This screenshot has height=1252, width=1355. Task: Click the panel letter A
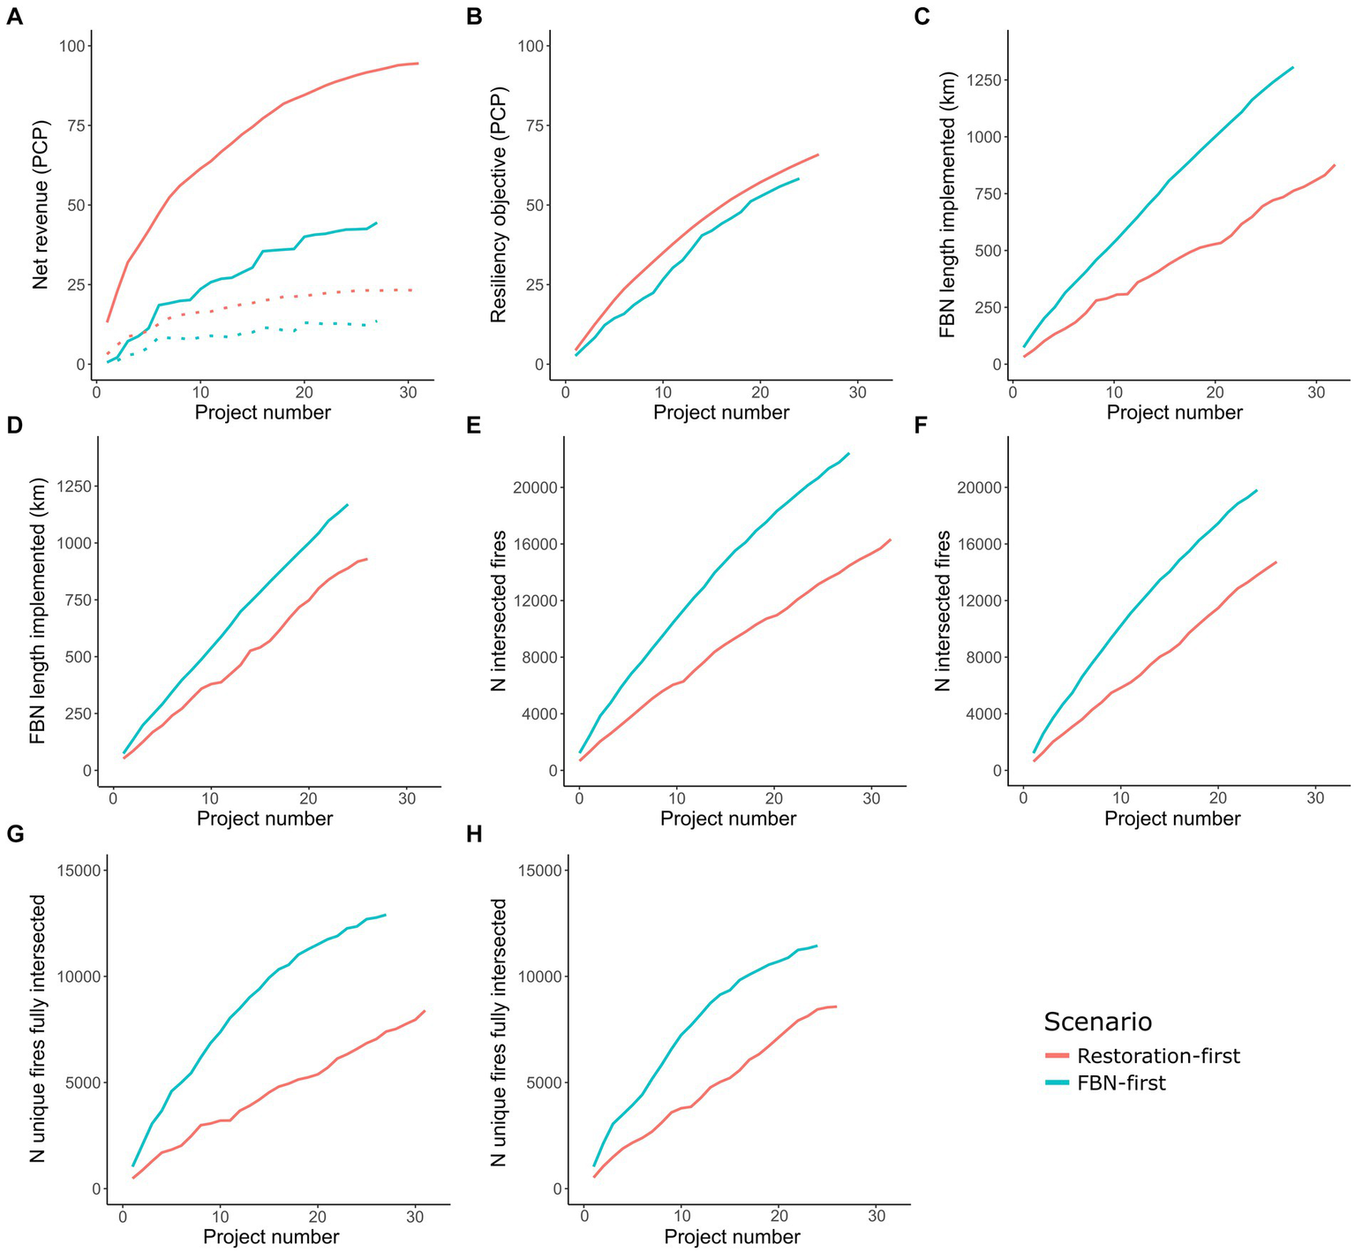coord(14,17)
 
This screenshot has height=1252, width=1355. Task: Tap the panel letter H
coord(474,833)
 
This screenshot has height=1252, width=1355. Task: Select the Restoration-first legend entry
coord(1158,1056)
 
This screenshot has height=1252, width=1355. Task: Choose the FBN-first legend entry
coord(1121,1083)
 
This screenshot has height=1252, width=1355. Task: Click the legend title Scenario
coord(1097,1022)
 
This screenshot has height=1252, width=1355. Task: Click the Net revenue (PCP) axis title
coord(41,204)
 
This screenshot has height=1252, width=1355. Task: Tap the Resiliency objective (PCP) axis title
coord(498,204)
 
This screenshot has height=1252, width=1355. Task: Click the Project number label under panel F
coord(1172,818)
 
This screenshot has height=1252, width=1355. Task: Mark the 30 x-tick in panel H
coord(876,1217)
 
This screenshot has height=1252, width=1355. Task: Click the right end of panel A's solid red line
coord(418,64)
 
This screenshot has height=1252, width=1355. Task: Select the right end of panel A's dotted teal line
coord(377,321)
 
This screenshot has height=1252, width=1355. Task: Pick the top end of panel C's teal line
coord(1293,67)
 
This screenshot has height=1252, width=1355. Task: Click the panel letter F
coord(922,426)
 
